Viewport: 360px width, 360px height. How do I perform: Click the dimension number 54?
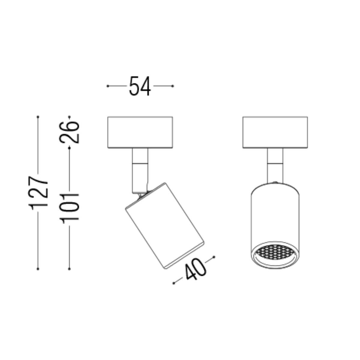[x=140, y=86]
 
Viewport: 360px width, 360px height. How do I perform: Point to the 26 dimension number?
[x=69, y=132]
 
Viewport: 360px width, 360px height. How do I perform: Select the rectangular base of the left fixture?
[x=140, y=132]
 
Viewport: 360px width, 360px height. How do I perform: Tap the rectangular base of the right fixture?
[x=275, y=132]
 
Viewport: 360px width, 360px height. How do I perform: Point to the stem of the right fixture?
[x=275, y=165]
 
